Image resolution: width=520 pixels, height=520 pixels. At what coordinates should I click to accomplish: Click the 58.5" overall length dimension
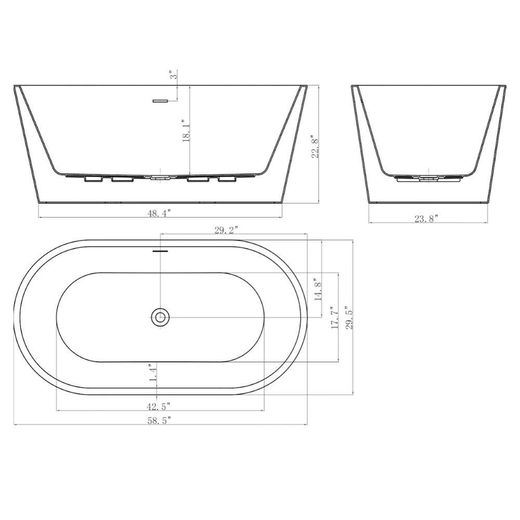pyautogui.click(x=159, y=421)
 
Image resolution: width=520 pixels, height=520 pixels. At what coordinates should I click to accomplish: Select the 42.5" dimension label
pyautogui.click(x=159, y=406)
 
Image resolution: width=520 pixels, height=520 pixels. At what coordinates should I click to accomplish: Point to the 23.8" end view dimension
pyautogui.click(x=426, y=218)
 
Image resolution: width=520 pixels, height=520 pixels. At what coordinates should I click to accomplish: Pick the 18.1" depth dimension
pyautogui.click(x=186, y=131)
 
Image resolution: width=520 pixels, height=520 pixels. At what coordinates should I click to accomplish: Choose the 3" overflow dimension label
pyautogui.click(x=174, y=74)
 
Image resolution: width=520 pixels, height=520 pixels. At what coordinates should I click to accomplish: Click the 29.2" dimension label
pyautogui.click(x=226, y=230)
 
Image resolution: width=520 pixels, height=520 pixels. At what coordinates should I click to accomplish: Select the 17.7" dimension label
pyautogui.click(x=334, y=318)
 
